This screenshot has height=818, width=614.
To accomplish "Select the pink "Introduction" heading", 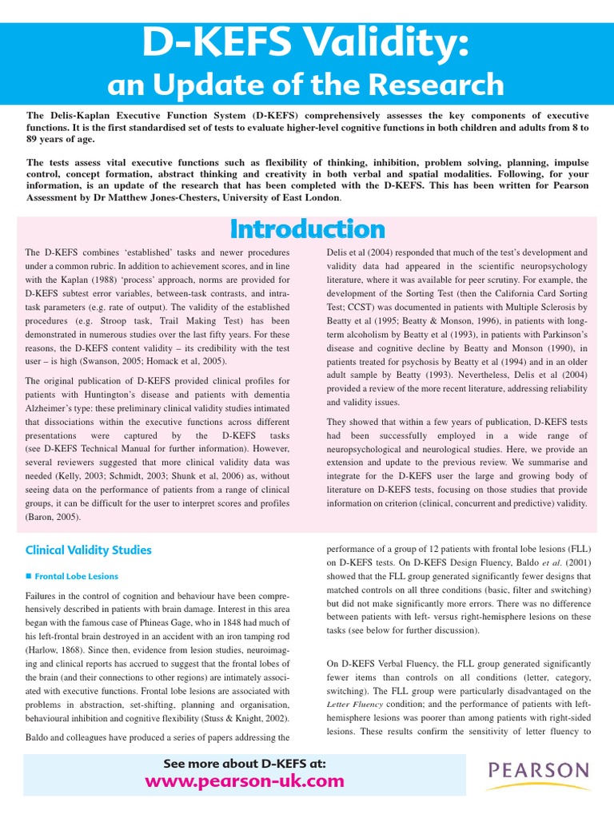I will (x=307, y=229).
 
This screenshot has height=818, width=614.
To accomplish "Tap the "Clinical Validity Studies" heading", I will (x=89, y=550).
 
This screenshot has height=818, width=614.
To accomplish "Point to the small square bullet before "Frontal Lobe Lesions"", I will (x=28, y=576).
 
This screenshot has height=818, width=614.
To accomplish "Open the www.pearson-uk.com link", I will (x=245, y=780).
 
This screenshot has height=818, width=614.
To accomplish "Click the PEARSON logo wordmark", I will (x=538, y=770).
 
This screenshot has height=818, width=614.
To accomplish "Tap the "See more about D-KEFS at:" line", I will (x=245, y=763).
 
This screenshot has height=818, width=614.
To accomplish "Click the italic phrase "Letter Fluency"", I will (x=356, y=704).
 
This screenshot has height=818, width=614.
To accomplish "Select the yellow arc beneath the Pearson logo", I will (x=538, y=789).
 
